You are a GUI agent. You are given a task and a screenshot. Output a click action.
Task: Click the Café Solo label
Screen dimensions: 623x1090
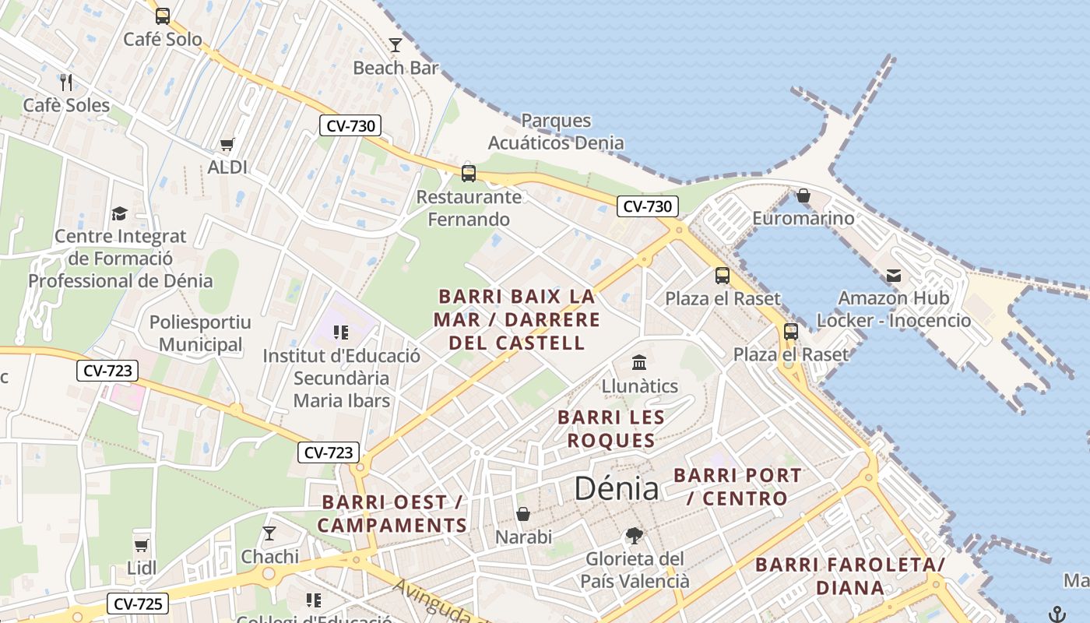pyautogui.click(x=163, y=39)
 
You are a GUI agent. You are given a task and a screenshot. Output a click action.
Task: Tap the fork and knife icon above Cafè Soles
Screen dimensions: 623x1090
pyautogui.click(x=66, y=82)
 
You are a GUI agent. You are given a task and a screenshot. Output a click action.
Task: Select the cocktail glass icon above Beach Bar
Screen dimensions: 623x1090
pyautogui.click(x=396, y=45)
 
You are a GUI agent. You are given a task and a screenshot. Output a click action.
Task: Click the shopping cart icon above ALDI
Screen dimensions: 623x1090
pyautogui.click(x=227, y=144)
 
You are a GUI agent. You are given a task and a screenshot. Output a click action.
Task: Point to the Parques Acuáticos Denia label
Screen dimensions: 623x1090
pyautogui.click(x=556, y=132)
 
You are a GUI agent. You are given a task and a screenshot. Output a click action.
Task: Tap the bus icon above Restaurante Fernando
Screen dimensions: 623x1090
pyautogui.click(x=469, y=173)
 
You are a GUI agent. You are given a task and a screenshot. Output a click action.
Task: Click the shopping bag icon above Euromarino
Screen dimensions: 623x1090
pyautogui.click(x=803, y=195)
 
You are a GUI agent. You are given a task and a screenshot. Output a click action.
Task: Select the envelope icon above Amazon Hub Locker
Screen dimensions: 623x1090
pyautogui.click(x=893, y=275)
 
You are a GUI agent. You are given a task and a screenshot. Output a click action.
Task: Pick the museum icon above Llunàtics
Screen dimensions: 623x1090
pyautogui.click(x=640, y=363)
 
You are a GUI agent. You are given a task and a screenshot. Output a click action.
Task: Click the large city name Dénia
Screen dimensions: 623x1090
pyautogui.click(x=617, y=488)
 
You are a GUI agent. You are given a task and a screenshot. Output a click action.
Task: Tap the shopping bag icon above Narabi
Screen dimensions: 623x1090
pyautogui.click(x=523, y=514)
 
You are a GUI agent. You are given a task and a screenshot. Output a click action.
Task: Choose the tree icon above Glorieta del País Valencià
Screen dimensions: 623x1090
pyautogui.click(x=635, y=536)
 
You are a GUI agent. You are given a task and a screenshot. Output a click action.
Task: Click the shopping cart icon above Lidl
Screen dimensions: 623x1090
pyautogui.click(x=141, y=545)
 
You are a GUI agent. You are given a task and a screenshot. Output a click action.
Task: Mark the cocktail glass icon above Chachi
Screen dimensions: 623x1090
pyautogui.click(x=269, y=533)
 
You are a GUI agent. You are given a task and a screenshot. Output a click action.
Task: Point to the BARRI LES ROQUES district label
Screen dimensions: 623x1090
pyautogui.click(x=611, y=429)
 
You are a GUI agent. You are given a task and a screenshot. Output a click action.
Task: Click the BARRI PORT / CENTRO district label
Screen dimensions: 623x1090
pyautogui.click(x=737, y=487)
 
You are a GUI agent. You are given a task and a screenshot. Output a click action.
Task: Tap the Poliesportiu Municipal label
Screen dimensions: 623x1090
pyautogui.click(x=200, y=333)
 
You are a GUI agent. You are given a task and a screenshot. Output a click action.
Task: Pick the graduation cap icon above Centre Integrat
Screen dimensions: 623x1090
pyautogui.click(x=119, y=213)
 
